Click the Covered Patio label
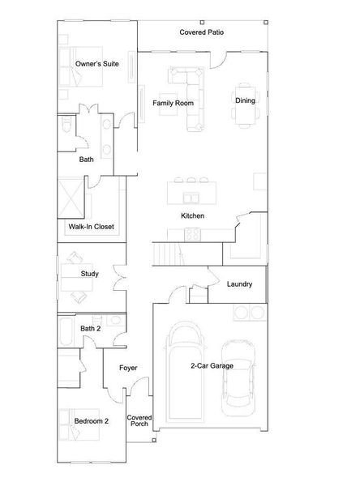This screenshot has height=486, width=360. coord(201,32)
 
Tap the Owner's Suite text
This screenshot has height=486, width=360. coord(96,64)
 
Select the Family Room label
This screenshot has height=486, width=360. coord(173,103)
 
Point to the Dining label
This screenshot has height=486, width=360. coord(245,100)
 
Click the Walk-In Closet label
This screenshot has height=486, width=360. coord(92,227)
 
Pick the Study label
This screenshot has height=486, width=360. coord(90,274)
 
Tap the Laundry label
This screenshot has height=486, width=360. coord(239,284)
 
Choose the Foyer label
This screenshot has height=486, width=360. coord(128,368)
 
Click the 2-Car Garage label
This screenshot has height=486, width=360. coord(212,366)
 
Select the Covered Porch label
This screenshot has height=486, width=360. coord(139,420)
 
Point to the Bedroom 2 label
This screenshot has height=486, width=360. coord(92,421)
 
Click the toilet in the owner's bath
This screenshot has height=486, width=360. coord(66,124)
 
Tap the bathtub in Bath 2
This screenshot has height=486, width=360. coord(66,331)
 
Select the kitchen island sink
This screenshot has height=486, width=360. coord(191,198)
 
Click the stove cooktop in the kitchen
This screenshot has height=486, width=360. coord(193,234)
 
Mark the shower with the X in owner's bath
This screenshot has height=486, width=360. coord(71,198)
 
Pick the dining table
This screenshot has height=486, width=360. coord(245,105)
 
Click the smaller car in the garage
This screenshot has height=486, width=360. coord(238,377)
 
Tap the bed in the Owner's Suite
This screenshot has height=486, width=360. coord(81,66)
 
